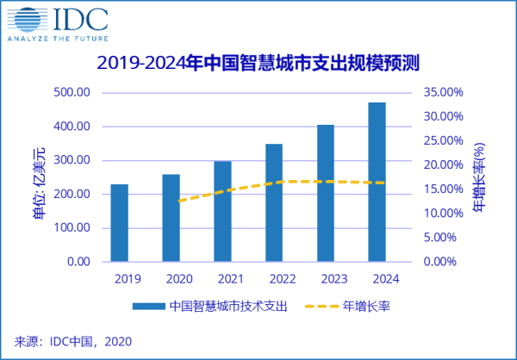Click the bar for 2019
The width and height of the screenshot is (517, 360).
(119, 223)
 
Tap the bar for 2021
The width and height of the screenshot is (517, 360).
(222, 212)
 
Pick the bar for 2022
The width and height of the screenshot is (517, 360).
(274, 203)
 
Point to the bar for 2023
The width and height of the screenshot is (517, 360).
(326, 194)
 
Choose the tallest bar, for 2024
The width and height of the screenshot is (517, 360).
(377, 182)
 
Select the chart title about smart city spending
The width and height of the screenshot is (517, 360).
(258, 63)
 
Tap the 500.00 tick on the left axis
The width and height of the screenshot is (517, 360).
(72, 92)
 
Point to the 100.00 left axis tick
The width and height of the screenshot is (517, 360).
(72, 228)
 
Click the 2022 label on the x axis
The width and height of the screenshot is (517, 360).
(274, 278)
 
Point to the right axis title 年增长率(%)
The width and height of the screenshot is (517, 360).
(480, 178)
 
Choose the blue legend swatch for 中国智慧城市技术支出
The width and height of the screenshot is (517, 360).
(148, 306)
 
